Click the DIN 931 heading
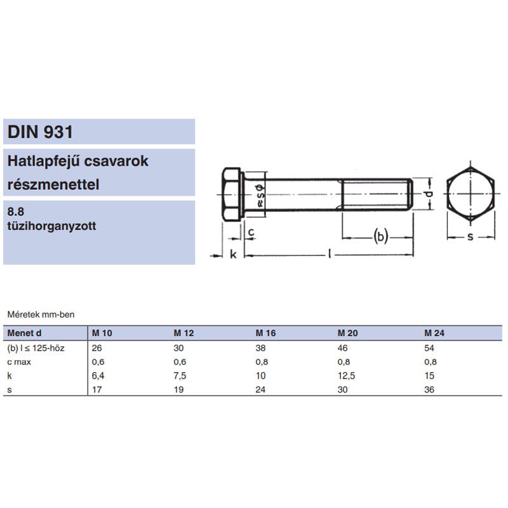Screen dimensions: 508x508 40,132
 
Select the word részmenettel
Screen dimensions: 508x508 53,184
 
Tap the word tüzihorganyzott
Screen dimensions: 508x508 51,226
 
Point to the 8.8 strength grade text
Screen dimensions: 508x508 15,211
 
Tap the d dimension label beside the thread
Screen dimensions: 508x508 429,194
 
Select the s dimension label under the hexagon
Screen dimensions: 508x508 470,237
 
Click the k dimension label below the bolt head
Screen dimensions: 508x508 233,254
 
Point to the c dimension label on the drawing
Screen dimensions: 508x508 251,232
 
